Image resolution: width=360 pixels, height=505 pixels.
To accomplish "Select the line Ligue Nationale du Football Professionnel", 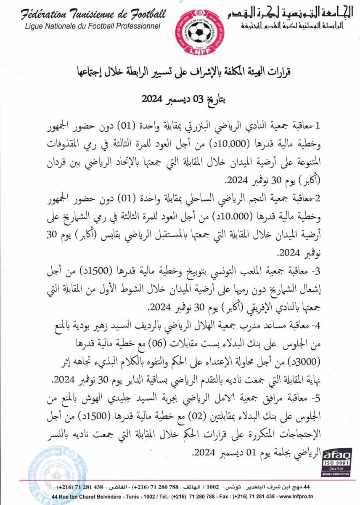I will [x=93, y=26].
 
